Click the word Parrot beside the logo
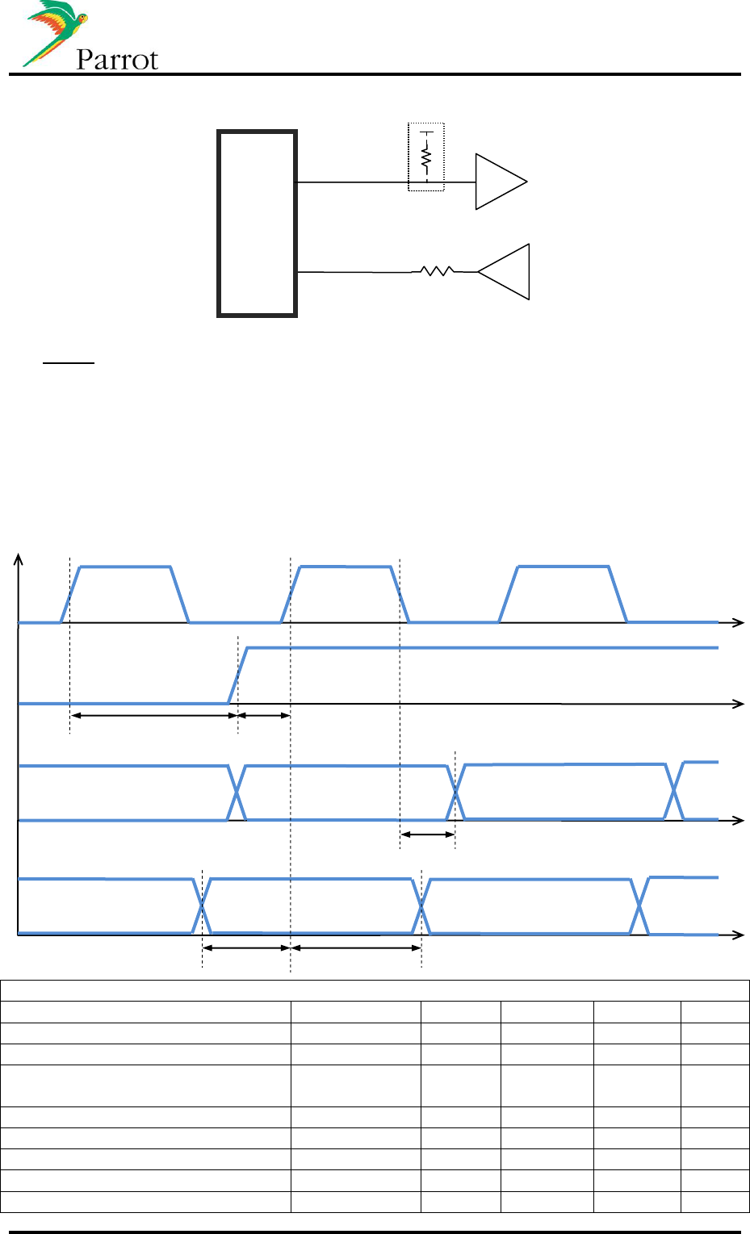pos(117,60)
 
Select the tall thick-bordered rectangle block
pos(258,224)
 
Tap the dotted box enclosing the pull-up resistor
pos(426,157)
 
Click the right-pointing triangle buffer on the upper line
pos(498,182)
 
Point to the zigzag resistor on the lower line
pos(438,272)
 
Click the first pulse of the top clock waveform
pos(125,593)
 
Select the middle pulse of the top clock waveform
pos(346,593)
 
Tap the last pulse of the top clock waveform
pos(564,593)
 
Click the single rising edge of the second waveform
pos(238,676)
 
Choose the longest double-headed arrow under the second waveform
pos(153,715)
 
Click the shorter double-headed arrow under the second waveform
pos(263,715)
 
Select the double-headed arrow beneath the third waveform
pos(427,835)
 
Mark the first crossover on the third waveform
pos(237,793)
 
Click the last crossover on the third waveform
pos(674,791)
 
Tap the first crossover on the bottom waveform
pos(203,906)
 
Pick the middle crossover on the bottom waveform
pos(421,906)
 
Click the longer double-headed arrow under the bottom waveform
pos(355,947)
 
